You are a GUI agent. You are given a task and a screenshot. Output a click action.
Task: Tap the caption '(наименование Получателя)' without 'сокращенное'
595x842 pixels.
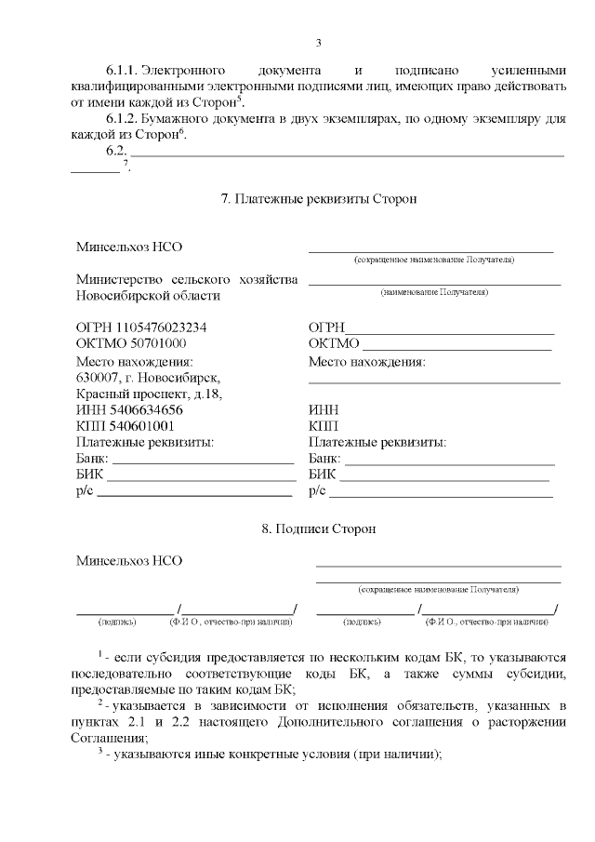(434, 292)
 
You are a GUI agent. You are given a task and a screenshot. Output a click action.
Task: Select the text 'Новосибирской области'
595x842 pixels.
(148, 295)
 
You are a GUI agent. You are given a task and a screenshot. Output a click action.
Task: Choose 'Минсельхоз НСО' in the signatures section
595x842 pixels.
(129, 560)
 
